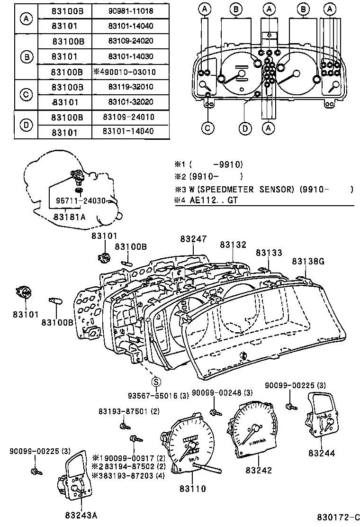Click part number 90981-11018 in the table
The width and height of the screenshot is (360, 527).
[130, 10]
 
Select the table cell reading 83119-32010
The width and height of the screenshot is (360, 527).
[130, 87]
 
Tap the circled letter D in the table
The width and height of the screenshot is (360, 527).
[26, 125]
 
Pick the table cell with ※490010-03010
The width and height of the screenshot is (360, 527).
[130, 72]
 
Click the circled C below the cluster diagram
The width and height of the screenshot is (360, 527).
[207, 127]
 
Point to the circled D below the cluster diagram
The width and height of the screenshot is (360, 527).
[244, 127]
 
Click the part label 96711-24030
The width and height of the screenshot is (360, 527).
[81, 200]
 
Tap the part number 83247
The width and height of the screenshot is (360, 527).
[193, 239]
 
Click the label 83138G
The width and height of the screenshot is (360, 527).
[308, 261]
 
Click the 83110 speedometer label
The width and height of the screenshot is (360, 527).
[193, 489]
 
